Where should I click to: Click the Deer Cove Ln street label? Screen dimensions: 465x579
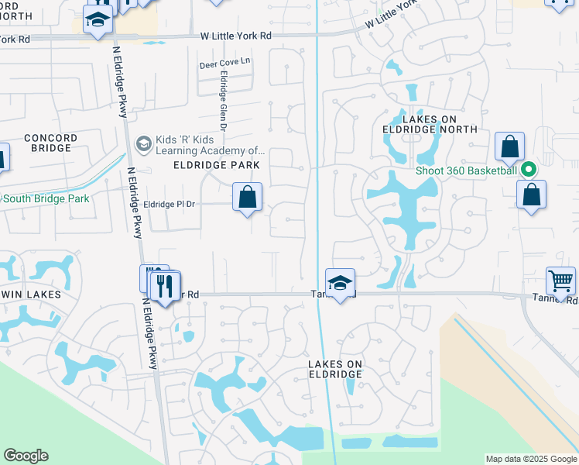(225, 61)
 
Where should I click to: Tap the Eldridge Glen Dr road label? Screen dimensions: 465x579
(223, 101)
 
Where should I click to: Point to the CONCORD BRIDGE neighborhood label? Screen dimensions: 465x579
(50, 143)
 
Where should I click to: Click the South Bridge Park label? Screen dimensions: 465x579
(46, 199)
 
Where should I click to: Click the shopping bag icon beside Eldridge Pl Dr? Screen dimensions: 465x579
(247, 198)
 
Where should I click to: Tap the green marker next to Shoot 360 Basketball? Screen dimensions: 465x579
(529, 170)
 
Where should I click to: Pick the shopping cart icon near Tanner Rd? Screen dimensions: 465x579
(560, 280)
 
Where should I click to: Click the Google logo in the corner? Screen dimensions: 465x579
(26, 456)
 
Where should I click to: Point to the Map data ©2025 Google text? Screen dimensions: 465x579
(531, 459)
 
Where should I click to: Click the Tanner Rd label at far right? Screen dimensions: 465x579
(555, 298)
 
